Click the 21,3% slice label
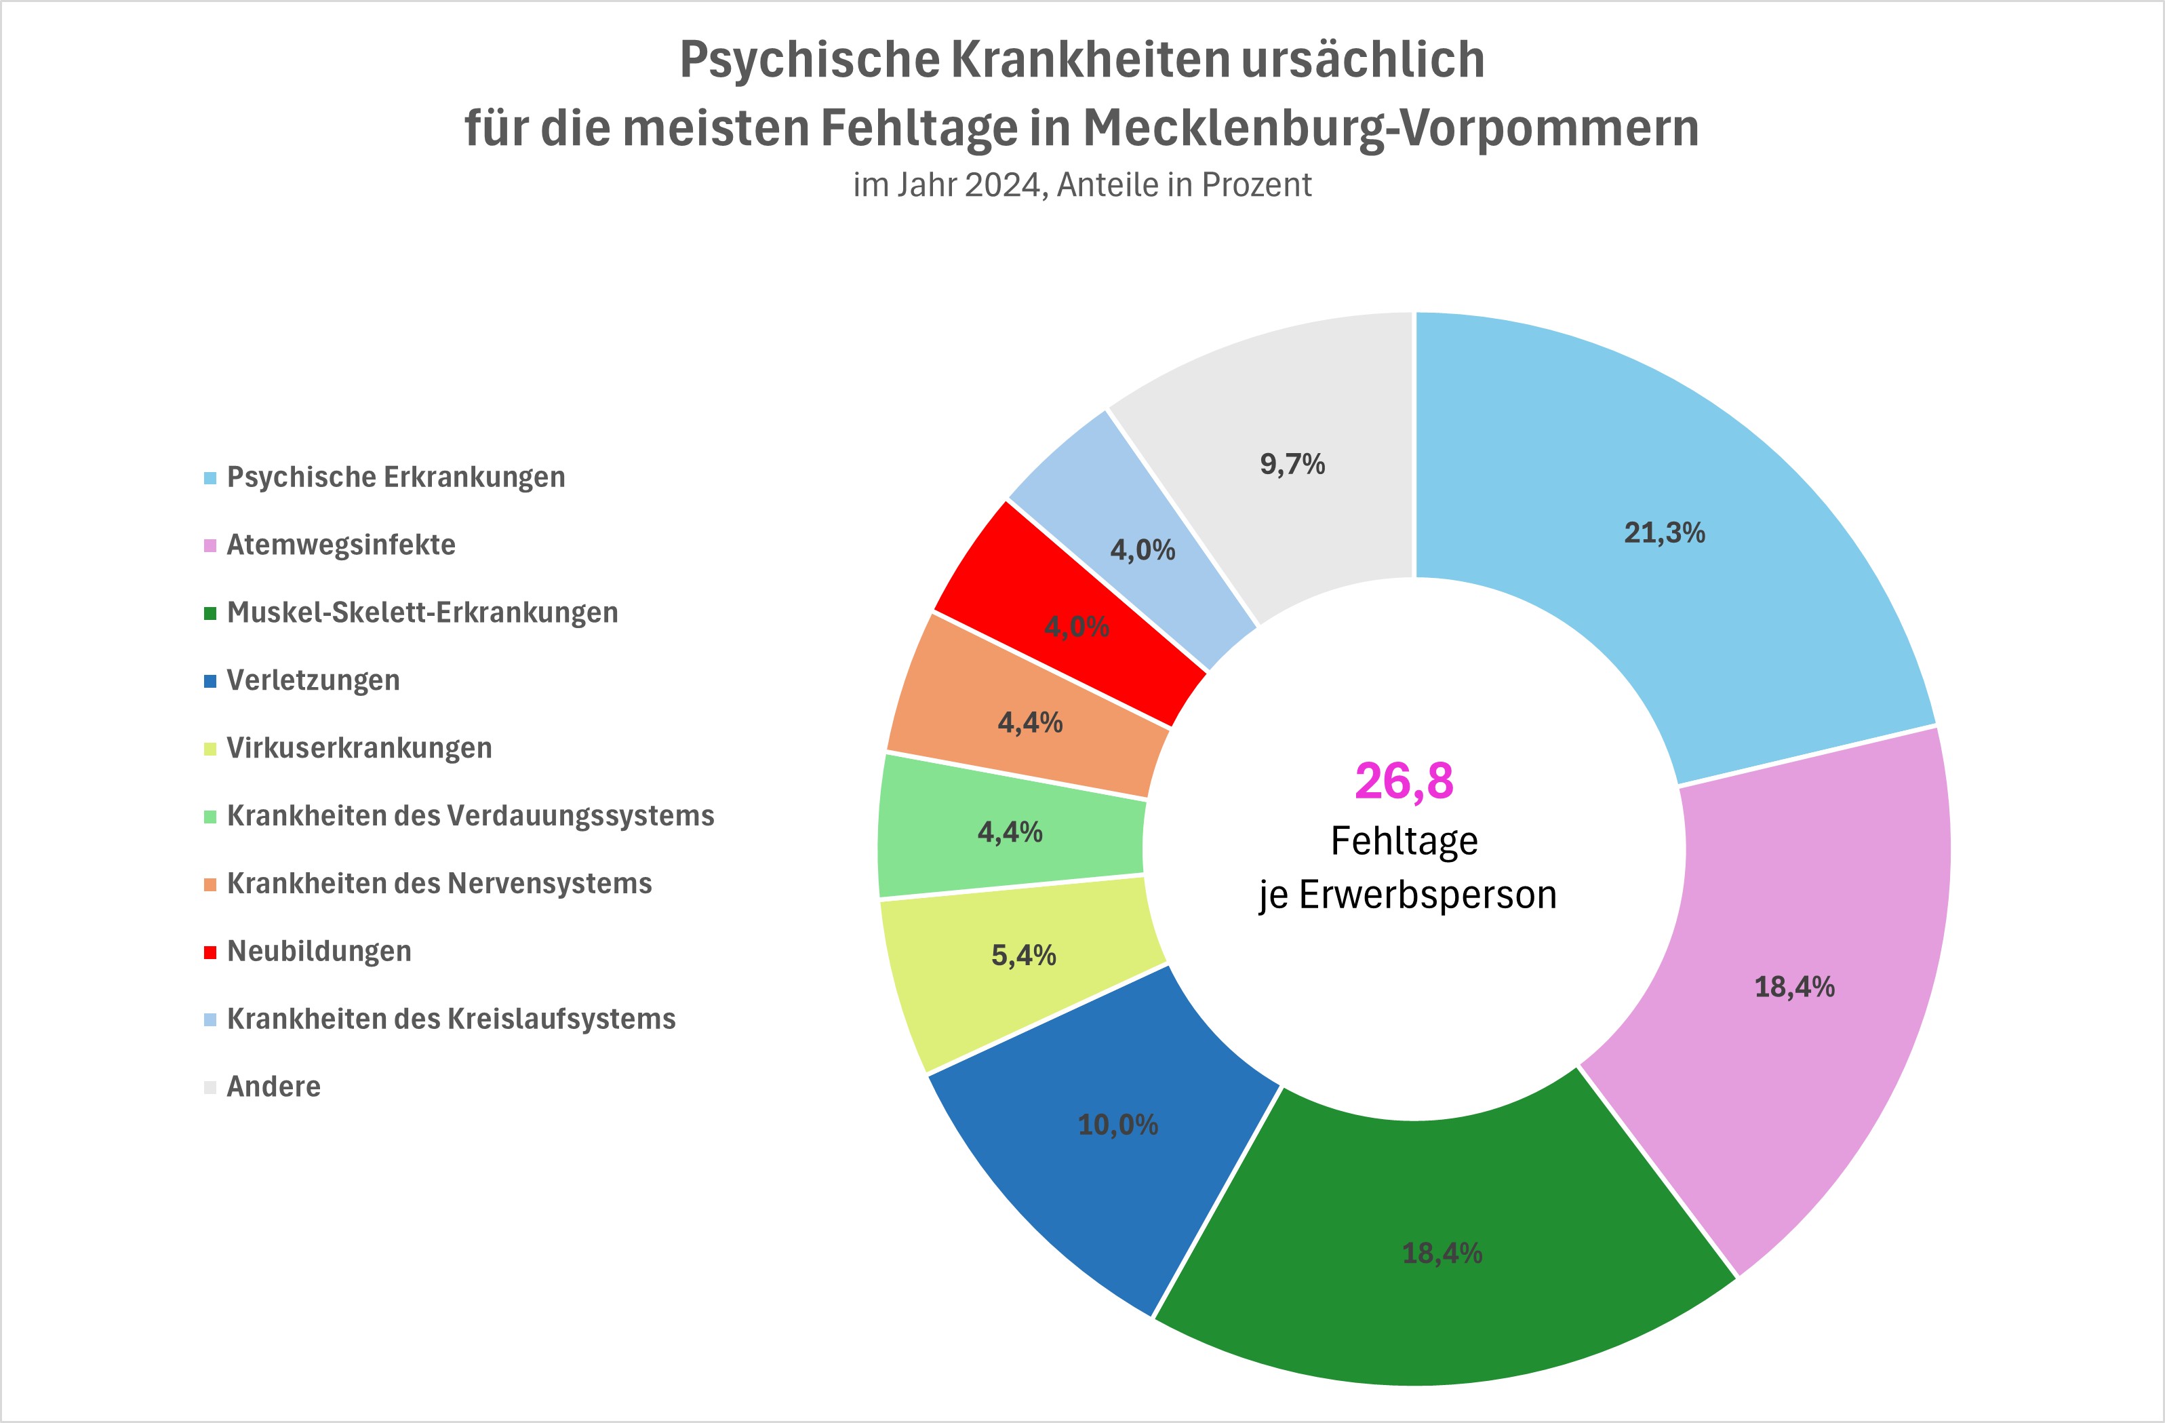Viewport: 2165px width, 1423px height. (x=1664, y=532)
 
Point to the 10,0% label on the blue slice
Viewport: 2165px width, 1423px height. (x=1118, y=1125)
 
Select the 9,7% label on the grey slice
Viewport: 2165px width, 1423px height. (x=1292, y=464)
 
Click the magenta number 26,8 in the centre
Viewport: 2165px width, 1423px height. (x=1404, y=781)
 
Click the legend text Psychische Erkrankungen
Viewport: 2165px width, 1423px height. (x=396, y=477)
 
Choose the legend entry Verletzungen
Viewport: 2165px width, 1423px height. (x=313, y=680)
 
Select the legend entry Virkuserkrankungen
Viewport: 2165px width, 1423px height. (x=359, y=748)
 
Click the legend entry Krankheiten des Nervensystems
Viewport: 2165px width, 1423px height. (x=439, y=884)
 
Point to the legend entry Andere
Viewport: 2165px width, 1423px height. (x=274, y=1087)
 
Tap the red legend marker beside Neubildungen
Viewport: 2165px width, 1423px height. (x=210, y=952)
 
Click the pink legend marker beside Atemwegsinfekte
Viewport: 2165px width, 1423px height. (x=210, y=546)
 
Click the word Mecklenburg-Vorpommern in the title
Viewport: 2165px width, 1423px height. (x=1390, y=128)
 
